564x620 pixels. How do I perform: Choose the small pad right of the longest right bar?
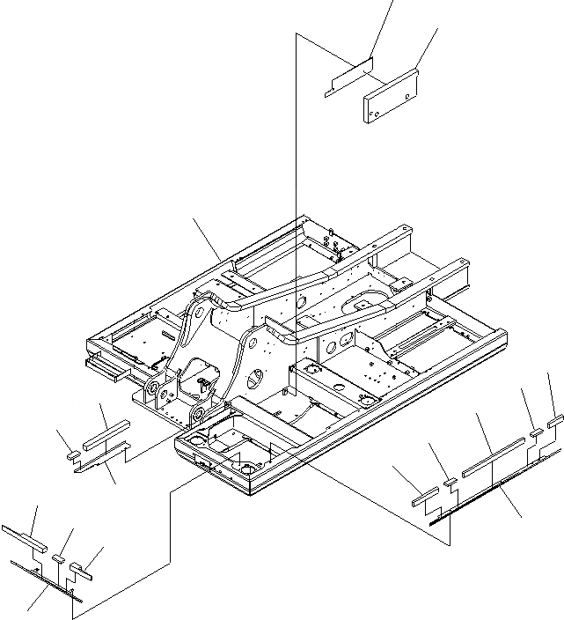pyautogui.click(x=536, y=432)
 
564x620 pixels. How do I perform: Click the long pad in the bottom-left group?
pyautogui.click(x=22, y=535)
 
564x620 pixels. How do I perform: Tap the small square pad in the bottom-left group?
pyautogui.click(x=60, y=557)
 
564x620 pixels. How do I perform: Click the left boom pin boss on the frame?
pyautogui.click(x=152, y=387)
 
